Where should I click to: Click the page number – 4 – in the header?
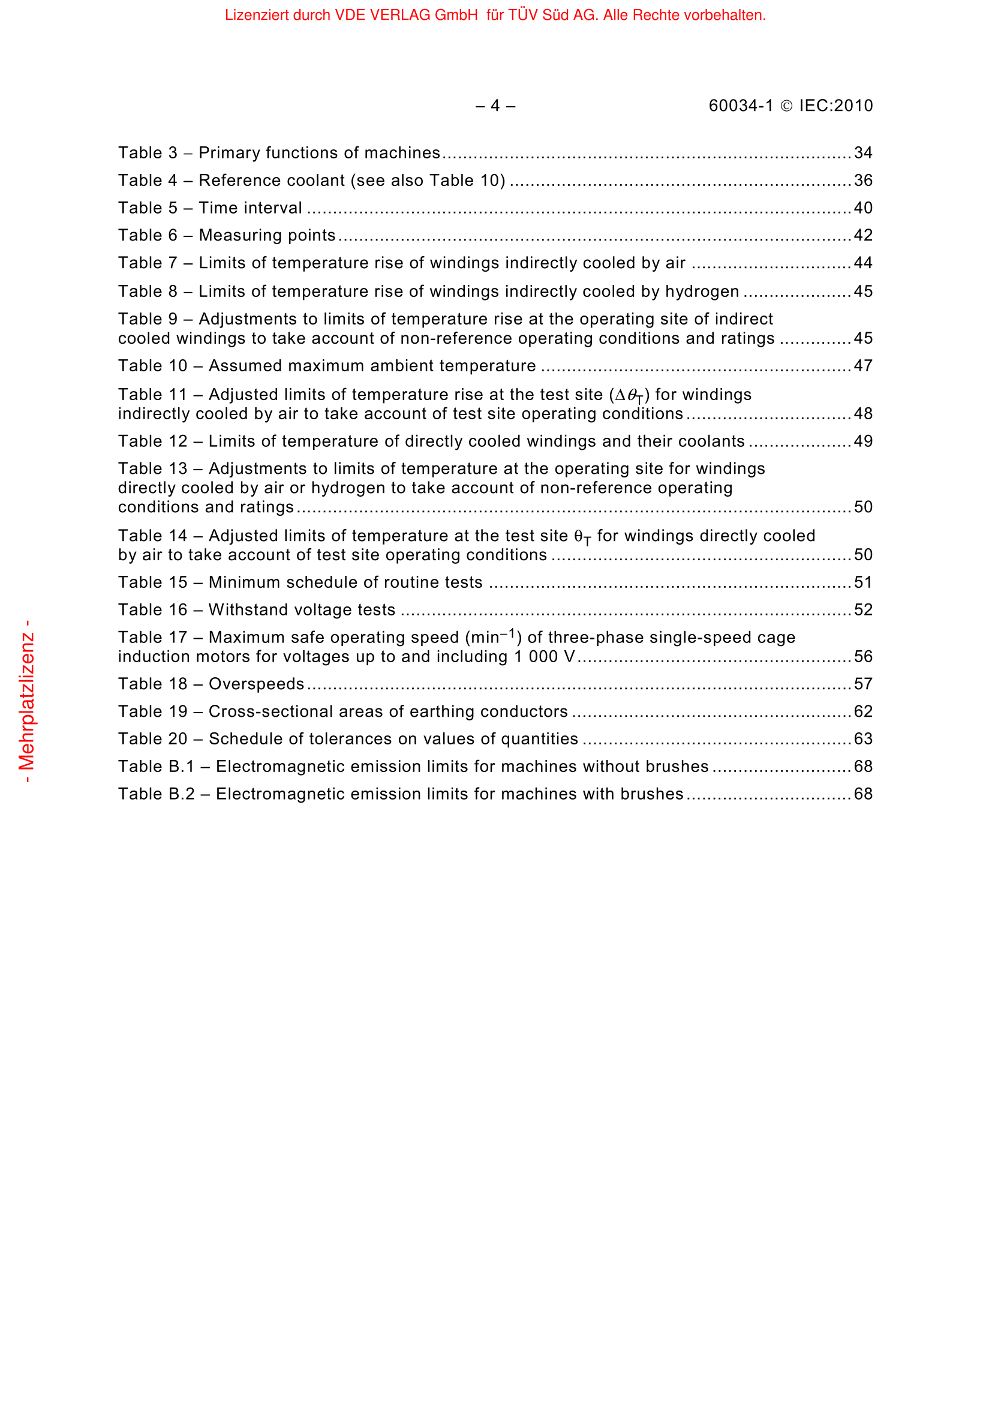tap(495, 106)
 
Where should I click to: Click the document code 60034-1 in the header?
tap(740, 106)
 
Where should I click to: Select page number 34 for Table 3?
tap(862, 153)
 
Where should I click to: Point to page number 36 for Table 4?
tap(862, 181)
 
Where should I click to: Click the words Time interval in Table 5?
tap(251, 208)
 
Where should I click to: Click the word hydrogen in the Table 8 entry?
tap(702, 292)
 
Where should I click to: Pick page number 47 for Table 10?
tap(862, 366)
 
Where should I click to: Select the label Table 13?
tap(153, 468)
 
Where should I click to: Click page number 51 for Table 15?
tap(862, 582)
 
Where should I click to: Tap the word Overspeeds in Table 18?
tap(257, 684)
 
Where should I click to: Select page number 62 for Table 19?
tap(862, 712)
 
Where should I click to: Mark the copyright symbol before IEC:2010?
tap(787, 106)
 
